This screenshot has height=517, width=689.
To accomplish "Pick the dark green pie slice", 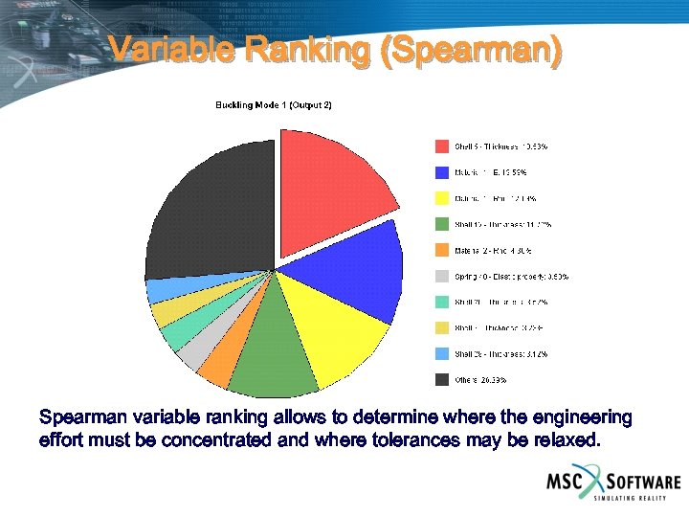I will (273, 364).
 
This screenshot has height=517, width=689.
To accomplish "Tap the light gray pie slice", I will (191, 354).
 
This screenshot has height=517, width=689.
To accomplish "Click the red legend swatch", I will (442, 146).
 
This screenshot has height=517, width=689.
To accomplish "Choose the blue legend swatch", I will (442, 172).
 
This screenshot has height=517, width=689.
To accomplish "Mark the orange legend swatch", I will (442, 251).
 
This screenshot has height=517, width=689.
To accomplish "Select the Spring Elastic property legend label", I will (511, 277).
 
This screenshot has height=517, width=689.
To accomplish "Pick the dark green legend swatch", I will (442, 225).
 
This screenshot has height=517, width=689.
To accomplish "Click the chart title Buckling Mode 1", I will (273, 104).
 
